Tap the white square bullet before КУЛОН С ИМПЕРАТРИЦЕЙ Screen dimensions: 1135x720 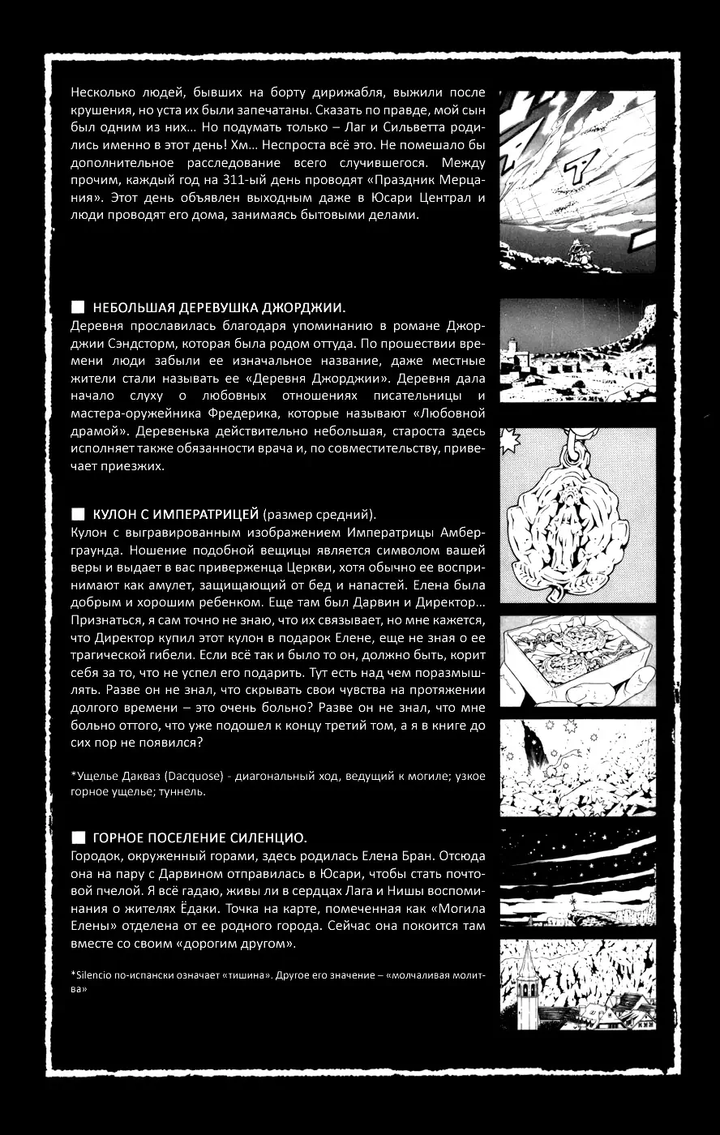pyautogui.click(x=78, y=514)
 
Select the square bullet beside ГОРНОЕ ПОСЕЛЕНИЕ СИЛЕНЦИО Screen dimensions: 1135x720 pyautogui.click(x=78, y=837)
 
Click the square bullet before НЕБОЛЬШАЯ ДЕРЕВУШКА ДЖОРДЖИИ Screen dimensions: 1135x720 pyautogui.click(x=78, y=307)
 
